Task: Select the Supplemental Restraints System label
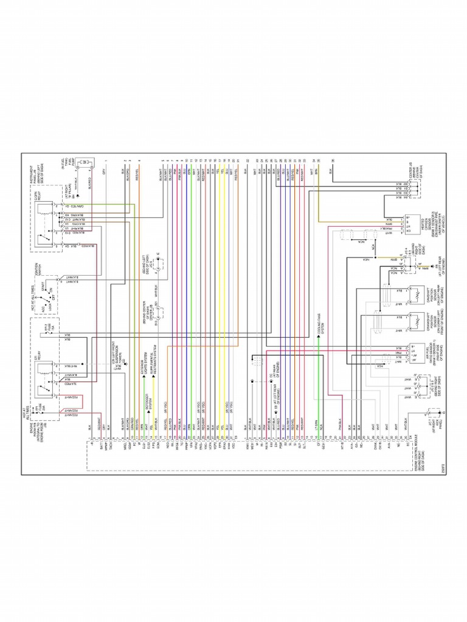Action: (154, 364)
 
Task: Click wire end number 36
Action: (333, 160)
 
